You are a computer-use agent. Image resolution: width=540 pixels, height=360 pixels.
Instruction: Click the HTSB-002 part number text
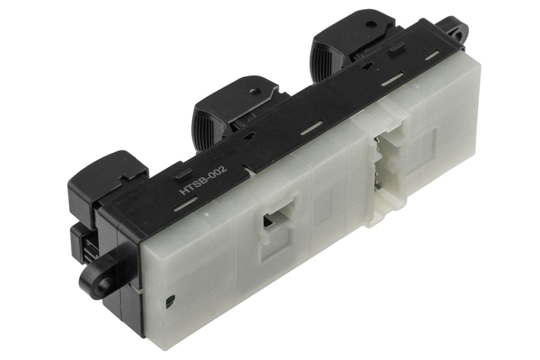coord(203,181)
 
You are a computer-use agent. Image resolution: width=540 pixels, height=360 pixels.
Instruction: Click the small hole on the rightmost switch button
coord(370,24)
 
